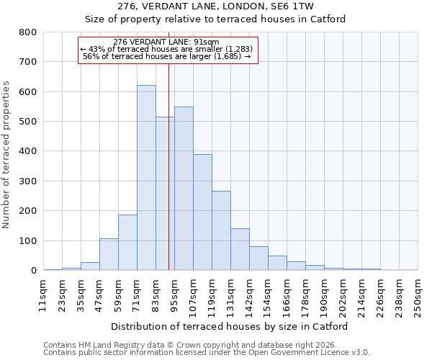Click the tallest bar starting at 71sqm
tap(146, 178)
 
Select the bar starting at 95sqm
tap(184, 189)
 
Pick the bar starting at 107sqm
tap(202, 212)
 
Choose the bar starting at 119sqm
tap(221, 230)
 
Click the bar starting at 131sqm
tap(240, 249)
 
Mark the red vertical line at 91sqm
tap(168, 166)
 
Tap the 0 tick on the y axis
tap(33, 271)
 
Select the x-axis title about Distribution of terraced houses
tap(230, 326)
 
